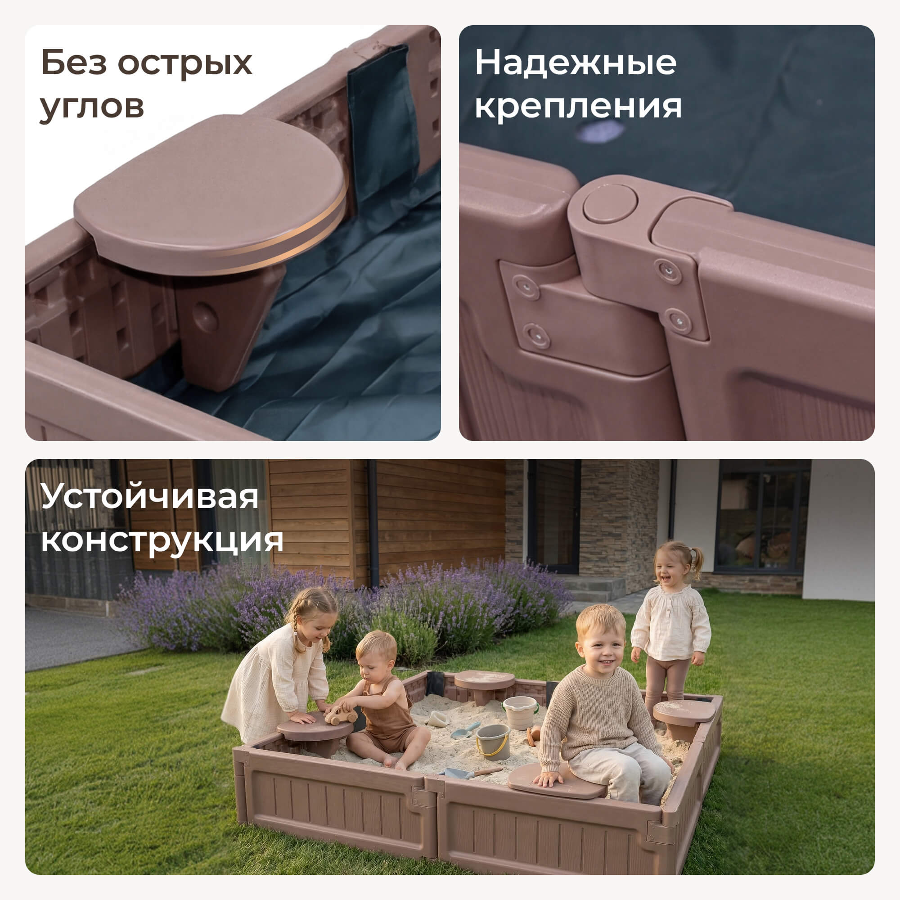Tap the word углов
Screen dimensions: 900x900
(92, 107)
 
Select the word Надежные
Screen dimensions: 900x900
(575, 63)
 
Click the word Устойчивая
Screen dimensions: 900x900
(149, 497)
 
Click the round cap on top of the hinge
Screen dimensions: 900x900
(610, 203)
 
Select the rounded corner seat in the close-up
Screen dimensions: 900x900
(210, 196)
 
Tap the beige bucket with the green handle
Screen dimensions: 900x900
(520, 712)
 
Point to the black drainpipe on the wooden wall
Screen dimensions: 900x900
(372, 522)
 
